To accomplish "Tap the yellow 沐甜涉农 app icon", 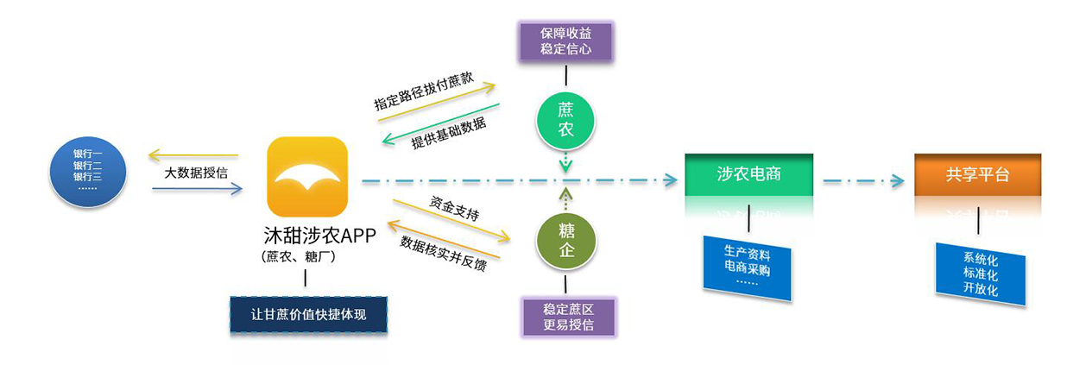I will (x=308, y=178).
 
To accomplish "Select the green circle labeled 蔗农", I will (x=565, y=120).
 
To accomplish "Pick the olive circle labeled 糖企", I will (x=565, y=239).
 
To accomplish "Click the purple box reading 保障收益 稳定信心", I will (x=565, y=41).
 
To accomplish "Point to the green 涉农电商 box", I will (x=748, y=174).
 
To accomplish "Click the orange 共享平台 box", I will (x=977, y=174).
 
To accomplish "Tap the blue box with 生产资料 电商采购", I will (x=747, y=267).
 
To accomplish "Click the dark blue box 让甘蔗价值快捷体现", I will (x=307, y=315).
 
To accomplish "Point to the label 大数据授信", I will (x=196, y=173).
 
